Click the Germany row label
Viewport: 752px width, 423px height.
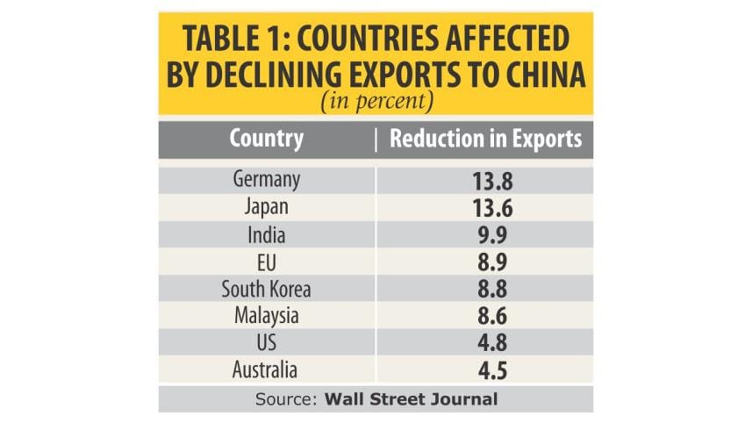pos(267,180)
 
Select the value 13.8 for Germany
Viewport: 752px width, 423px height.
pos(485,181)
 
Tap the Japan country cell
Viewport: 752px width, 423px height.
pos(267,208)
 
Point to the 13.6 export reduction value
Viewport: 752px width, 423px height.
pos(485,209)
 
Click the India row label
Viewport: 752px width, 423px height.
pos(267,235)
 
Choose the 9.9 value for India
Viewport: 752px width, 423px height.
pos(485,236)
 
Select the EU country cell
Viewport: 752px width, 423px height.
pos(267,262)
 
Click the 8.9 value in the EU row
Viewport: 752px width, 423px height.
pos(485,262)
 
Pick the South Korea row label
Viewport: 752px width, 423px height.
pos(267,289)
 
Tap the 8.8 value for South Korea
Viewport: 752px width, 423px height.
pos(485,290)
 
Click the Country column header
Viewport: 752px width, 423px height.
pos(267,139)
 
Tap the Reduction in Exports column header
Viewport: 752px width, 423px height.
pos(485,139)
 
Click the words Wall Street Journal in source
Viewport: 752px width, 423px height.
pos(411,398)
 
